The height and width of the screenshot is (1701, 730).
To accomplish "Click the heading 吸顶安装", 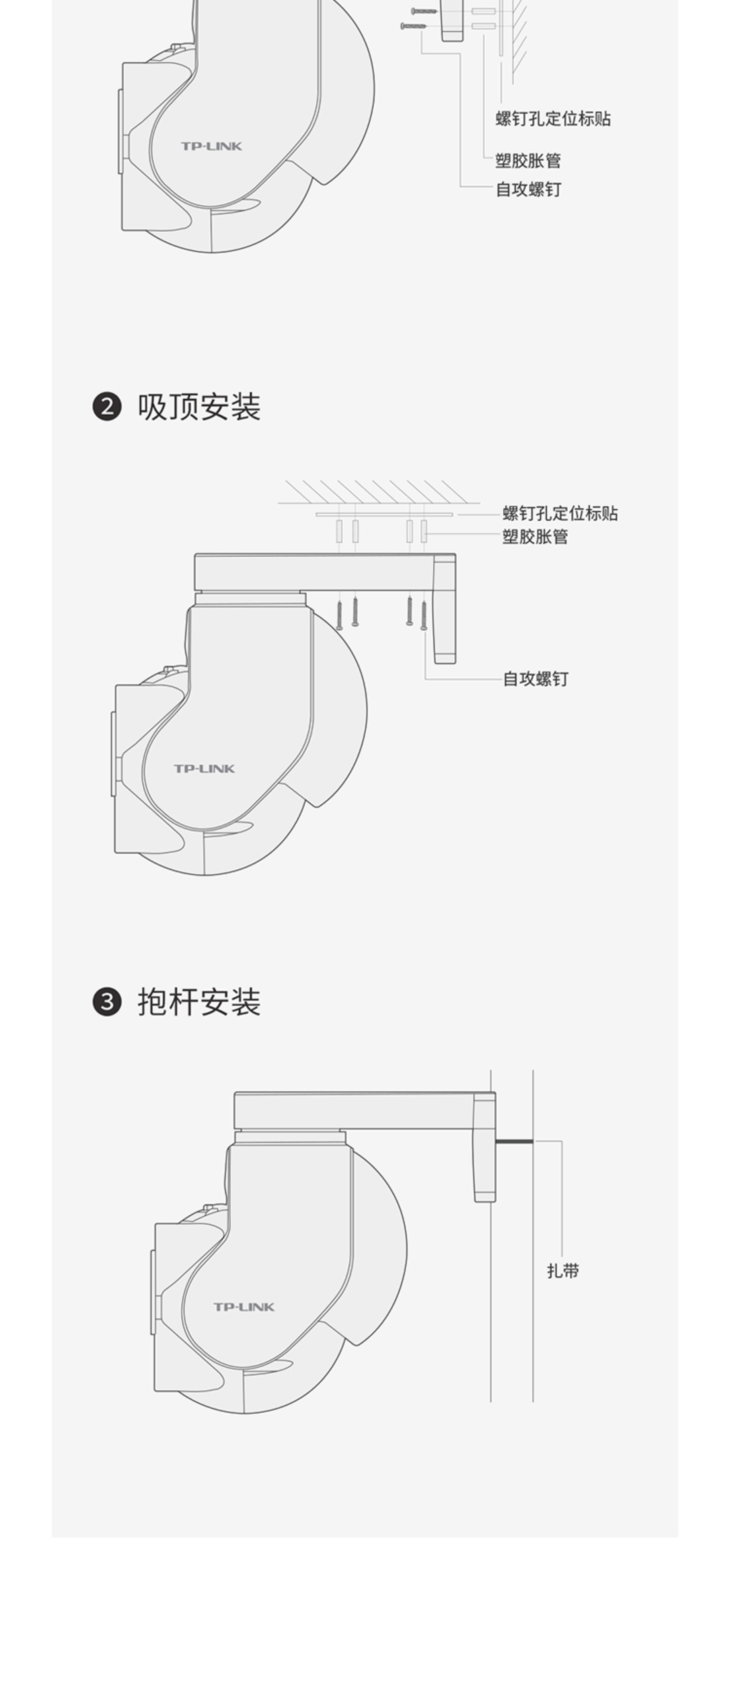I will pos(199,407).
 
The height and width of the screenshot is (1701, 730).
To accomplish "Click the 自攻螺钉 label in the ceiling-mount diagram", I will pos(535,679).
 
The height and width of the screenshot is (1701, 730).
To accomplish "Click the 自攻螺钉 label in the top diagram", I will pos(528,190).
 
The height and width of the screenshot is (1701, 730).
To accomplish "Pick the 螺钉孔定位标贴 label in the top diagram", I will pos(553,119).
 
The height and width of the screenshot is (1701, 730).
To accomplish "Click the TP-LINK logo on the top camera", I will pos(211,146).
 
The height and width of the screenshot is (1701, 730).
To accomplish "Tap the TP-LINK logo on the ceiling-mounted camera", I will pos(204,769).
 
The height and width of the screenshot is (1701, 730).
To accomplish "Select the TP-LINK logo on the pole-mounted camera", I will pos(243,1307).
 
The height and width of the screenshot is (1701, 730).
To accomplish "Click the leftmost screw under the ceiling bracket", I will pos(339,614).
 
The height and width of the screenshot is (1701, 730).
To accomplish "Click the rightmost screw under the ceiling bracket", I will pos(424,615).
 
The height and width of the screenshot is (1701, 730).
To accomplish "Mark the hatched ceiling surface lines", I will pos(376,492).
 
